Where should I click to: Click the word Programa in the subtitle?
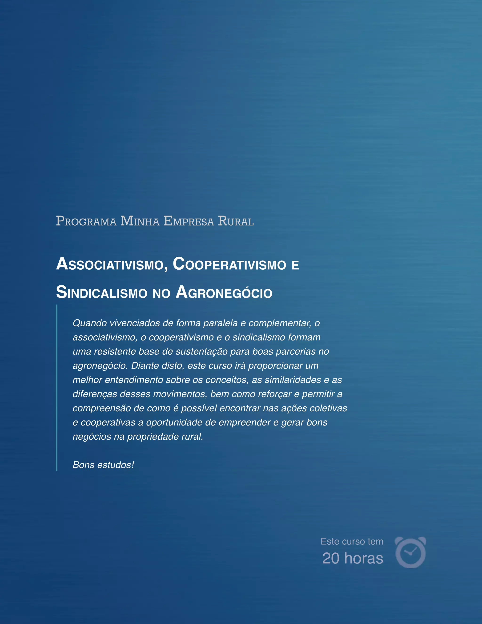click(x=86, y=221)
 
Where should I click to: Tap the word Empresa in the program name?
click(x=189, y=221)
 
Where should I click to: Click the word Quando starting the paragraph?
click(x=90, y=323)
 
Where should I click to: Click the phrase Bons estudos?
click(x=103, y=465)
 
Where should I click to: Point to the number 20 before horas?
click(x=331, y=558)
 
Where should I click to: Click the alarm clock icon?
click(x=410, y=552)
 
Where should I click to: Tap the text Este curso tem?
click(x=352, y=541)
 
